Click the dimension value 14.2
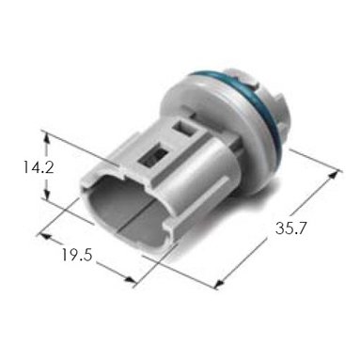click(x=38, y=167)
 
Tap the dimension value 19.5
click(x=77, y=255)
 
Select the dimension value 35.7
click(x=290, y=227)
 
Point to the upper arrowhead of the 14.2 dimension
click(x=47, y=137)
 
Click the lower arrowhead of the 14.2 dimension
click(x=47, y=194)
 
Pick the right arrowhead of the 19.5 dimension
click(x=131, y=280)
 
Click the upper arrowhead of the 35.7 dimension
click(x=335, y=175)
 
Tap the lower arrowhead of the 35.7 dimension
click(x=220, y=282)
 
